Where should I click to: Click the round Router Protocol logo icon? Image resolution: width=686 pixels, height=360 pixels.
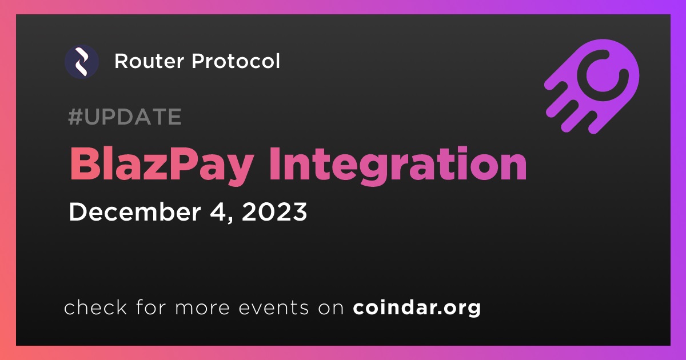[x=82, y=62]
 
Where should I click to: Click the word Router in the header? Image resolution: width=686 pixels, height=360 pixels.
[x=149, y=61]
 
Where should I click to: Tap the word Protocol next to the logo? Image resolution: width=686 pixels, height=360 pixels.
[x=236, y=61]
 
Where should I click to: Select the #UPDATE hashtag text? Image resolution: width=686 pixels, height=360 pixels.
[x=125, y=117]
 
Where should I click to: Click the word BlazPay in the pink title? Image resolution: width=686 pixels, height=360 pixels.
[x=161, y=165]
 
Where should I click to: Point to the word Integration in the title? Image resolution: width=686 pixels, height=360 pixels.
[x=397, y=165]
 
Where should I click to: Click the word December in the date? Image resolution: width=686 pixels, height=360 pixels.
[x=135, y=212]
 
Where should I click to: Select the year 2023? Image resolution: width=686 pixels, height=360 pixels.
[x=274, y=212]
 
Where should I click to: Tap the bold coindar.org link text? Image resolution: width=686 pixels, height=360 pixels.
[x=417, y=307]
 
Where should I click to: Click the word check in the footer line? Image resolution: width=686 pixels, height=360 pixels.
[x=95, y=307]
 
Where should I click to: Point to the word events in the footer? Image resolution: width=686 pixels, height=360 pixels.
[x=274, y=308]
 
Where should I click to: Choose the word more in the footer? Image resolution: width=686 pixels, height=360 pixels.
[x=202, y=309]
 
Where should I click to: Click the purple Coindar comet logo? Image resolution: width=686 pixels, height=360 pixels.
[x=592, y=86]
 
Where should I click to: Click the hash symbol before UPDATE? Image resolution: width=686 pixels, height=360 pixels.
[x=75, y=117]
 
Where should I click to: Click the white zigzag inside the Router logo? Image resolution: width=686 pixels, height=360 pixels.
[x=82, y=62]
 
